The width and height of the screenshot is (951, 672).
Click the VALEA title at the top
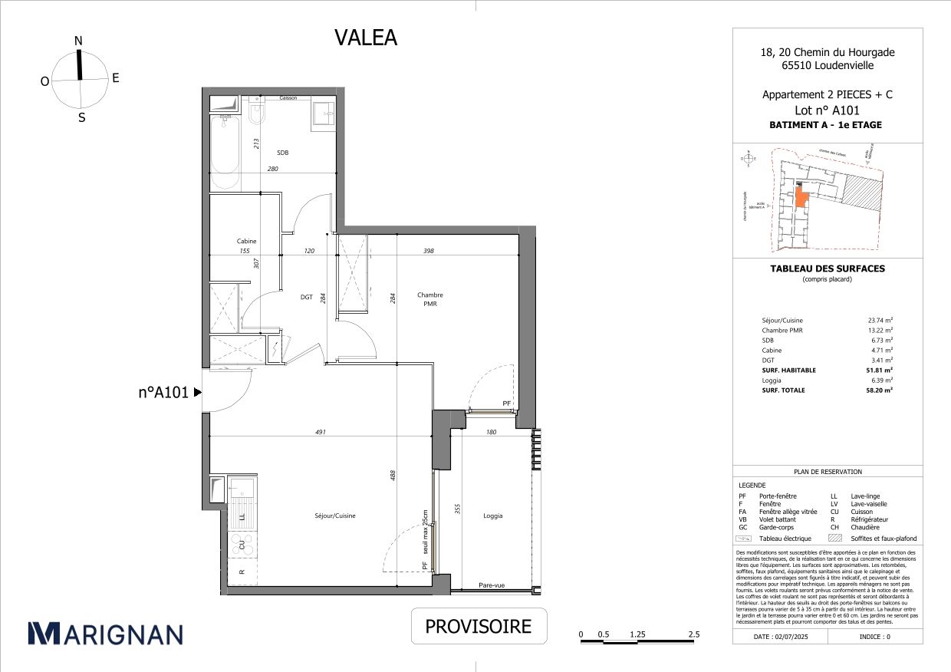(x=366, y=38)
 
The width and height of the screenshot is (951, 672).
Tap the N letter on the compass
(x=78, y=41)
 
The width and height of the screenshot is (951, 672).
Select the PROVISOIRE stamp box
(x=478, y=627)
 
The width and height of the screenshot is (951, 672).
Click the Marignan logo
(x=105, y=633)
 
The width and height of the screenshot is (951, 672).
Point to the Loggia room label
(x=492, y=516)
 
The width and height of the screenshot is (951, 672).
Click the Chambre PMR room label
(x=429, y=299)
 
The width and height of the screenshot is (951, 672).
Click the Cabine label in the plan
(x=246, y=241)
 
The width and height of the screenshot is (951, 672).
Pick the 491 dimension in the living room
(x=321, y=432)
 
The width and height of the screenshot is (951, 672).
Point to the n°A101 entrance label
(x=163, y=392)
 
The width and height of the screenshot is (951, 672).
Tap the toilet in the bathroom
(x=255, y=114)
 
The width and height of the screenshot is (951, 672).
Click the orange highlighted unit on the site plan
(x=801, y=199)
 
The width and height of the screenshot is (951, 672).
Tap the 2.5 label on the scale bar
(x=693, y=634)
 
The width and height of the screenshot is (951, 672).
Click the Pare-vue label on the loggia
(x=492, y=585)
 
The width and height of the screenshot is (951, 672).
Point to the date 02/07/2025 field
(x=783, y=637)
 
